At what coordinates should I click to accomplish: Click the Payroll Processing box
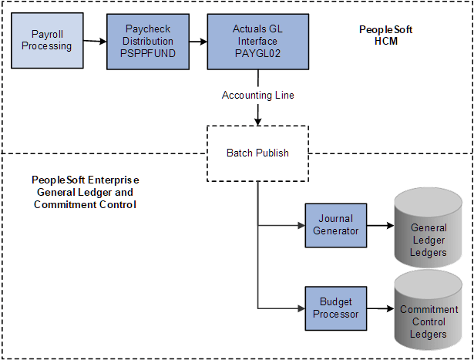[x=52, y=40]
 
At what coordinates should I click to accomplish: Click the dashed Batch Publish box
[x=257, y=153]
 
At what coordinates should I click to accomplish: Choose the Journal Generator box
[x=335, y=226]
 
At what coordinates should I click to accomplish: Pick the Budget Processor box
[x=335, y=308]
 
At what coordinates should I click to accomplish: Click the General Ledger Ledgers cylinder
[x=429, y=228]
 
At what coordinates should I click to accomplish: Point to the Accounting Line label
[x=257, y=95]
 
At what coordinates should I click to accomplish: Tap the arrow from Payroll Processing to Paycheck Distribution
[x=95, y=41]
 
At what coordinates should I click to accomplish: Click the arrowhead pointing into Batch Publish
[x=257, y=120]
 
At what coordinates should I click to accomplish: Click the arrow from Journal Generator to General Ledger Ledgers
[x=378, y=227]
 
